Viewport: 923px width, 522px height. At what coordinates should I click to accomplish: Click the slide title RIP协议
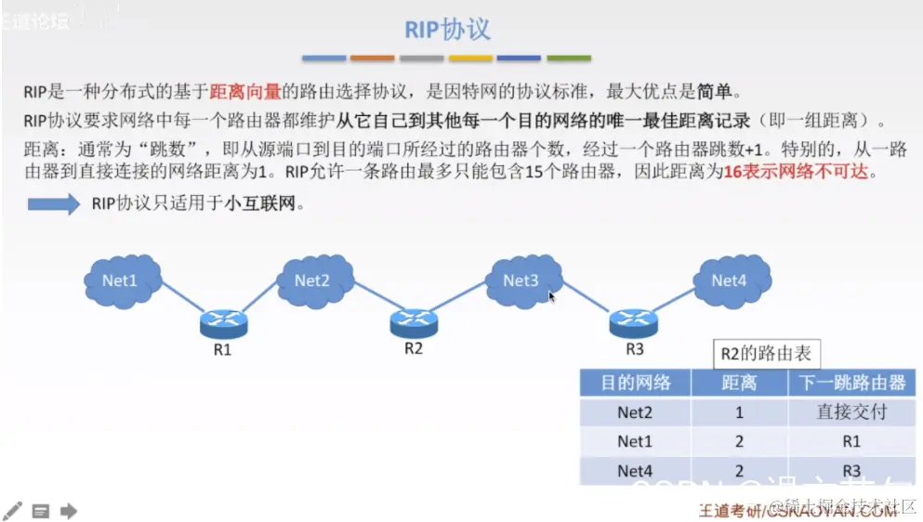[x=447, y=29]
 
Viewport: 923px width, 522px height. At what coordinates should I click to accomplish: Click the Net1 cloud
[x=120, y=279]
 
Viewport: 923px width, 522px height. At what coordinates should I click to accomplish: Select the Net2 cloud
[x=313, y=279]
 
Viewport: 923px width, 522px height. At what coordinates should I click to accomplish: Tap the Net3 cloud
[x=521, y=279]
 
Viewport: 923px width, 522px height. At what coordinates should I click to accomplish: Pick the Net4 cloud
[x=730, y=279]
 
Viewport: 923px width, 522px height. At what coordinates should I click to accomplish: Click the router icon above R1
[x=223, y=323]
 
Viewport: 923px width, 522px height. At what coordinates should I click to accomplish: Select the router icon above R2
[x=414, y=321]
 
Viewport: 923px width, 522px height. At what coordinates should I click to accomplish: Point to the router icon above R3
[x=634, y=321]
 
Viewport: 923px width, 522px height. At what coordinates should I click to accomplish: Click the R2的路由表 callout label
[x=766, y=353]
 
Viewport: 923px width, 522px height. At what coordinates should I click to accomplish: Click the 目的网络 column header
[x=635, y=383]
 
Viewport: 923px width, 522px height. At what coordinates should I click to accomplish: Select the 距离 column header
[x=739, y=383]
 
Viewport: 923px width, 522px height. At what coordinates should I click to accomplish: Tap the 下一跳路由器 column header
[x=851, y=383]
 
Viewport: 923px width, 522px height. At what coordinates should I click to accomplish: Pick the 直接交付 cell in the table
[x=851, y=412]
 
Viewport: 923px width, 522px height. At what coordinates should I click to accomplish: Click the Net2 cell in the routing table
[x=635, y=412]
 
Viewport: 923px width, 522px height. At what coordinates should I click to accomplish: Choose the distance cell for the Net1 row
[x=739, y=442]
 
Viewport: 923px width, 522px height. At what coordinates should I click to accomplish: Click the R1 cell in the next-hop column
[x=851, y=442]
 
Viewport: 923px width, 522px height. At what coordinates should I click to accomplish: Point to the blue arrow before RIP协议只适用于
[x=54, y=204]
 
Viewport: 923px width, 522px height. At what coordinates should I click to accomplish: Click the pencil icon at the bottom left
[x=13, y=510]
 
